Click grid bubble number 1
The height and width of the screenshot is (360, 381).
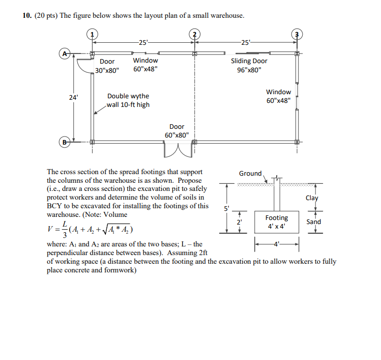click(x=92, y=35)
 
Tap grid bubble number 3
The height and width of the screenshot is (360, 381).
click(x=297, y=35)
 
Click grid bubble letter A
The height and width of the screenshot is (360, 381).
click(x=65, y=52)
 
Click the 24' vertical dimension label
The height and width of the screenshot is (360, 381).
click(x=74, y=96)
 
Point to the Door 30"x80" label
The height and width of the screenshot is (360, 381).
click(x=107, y=66)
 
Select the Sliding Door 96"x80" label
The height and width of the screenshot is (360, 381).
click(x=249, y=66)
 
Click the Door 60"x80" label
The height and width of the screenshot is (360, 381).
click(x=177, y=131)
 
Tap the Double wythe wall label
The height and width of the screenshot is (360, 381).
click(x=128, y=100)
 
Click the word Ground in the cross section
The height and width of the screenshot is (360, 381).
click(x=250, y=174)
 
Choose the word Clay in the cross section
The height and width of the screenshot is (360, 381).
click(x=312, y=199)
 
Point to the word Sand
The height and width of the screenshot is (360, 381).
click(x=313, y=221)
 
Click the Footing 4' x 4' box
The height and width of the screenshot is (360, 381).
click(x=276, y=221)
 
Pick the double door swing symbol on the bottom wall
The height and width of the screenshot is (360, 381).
click(x=177, y=151)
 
